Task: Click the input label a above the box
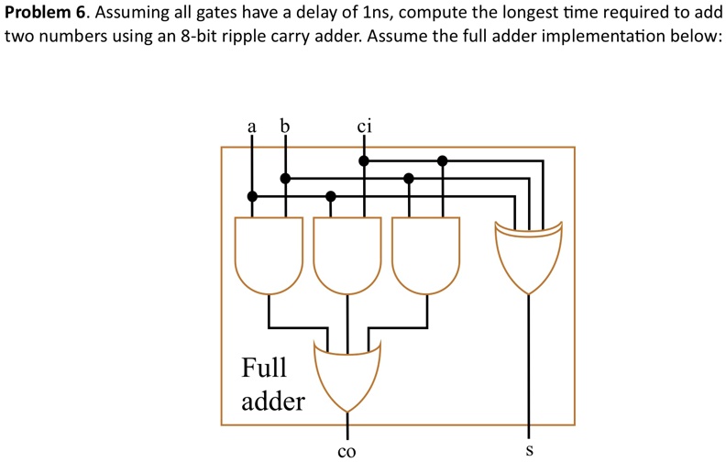pos(251,127)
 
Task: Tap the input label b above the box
pos(284,126)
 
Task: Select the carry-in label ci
pos(364,126)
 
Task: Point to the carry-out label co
pos(346,451)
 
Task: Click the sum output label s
pos(529,451)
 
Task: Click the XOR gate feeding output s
pos(529,255)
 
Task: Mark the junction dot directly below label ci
pos(364,160)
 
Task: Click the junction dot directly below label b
pos(285,178)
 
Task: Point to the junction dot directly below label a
pos(252,196)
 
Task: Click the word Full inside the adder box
pos(264,368)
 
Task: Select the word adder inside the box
pos(273,401)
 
